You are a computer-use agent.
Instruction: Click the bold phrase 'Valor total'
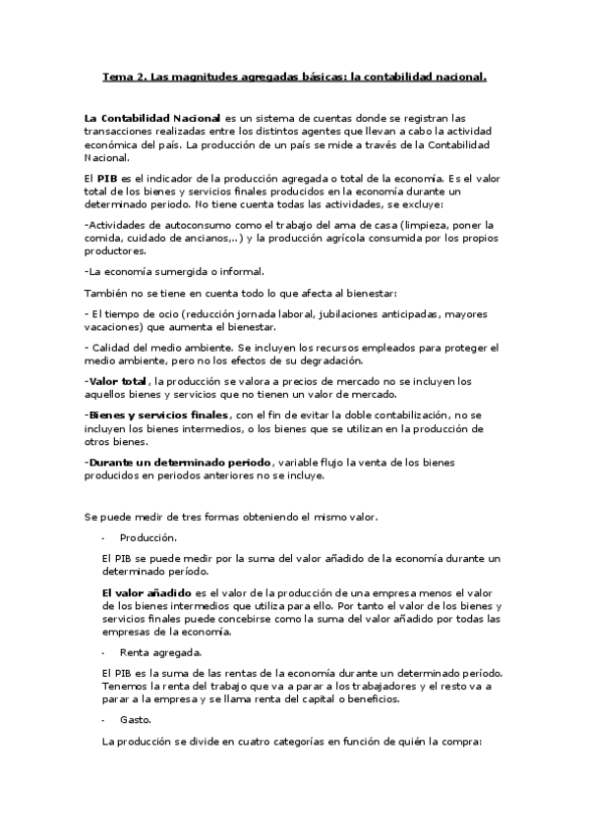pos(118,380)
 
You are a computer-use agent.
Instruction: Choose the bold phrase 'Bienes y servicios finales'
pos(158,416)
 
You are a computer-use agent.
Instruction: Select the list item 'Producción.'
pos(148,537)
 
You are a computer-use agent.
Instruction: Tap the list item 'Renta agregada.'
pos(161,651)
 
